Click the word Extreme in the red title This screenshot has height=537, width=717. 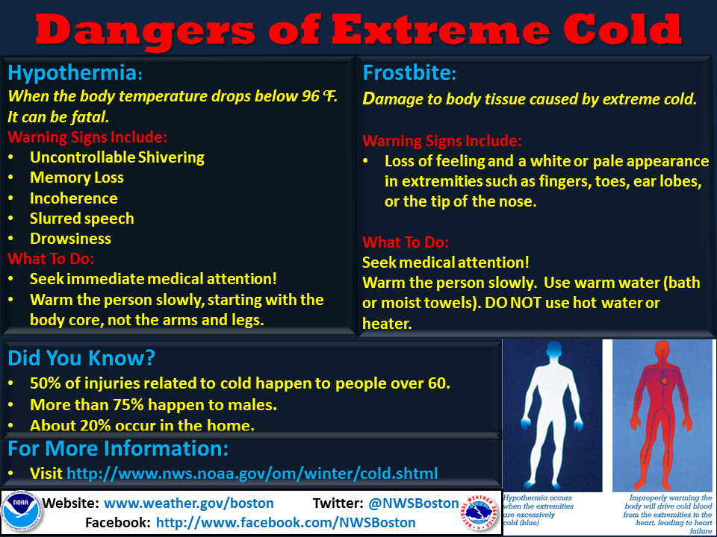pos(441,30)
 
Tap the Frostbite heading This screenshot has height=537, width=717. pos(409,73)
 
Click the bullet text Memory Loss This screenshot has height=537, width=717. pos(77,178)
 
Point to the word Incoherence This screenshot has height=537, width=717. pos(74,198)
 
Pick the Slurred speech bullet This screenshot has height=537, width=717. pos(82,219)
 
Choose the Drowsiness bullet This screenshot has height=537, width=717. pos(70,239)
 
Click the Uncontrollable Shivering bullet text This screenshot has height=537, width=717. pos(117,157)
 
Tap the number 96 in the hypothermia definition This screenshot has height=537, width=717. pos(311,96)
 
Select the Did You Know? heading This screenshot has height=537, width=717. pos(81,359)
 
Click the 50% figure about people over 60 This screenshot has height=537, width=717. pos(46,383)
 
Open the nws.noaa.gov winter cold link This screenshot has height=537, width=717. pos(252,474)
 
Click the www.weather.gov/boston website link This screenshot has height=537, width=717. pos(189,503)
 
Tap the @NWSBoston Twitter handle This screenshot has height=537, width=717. pos(413,503)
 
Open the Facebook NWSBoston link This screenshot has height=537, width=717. pos(286,522)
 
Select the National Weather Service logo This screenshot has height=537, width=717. pos(479,513)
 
